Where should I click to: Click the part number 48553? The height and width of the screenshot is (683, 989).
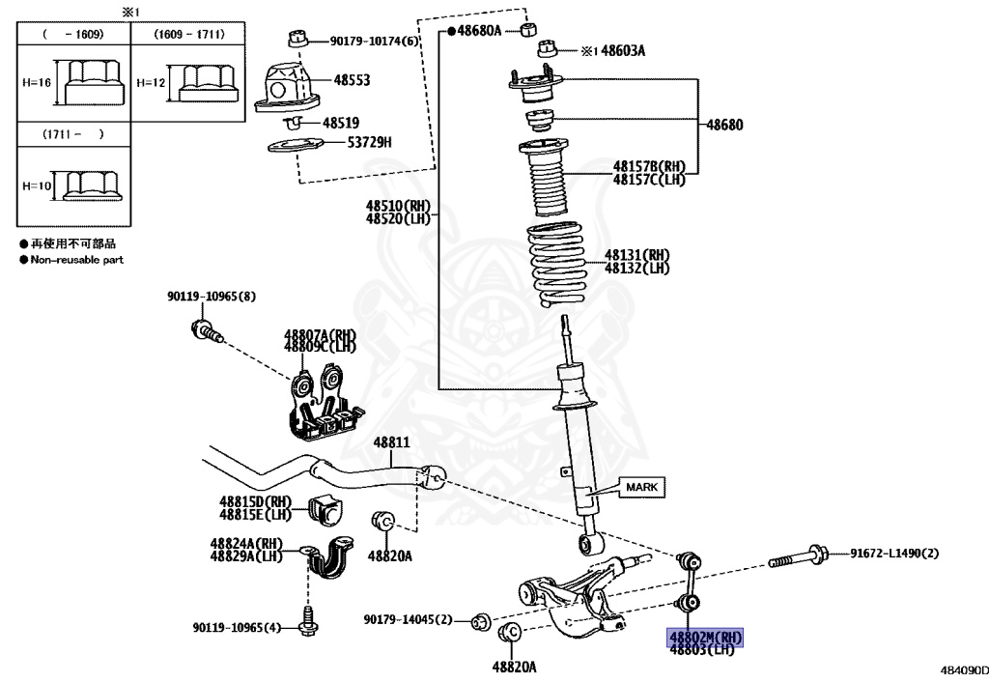click(352, 81)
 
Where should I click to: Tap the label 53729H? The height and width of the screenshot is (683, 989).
click(369, 143)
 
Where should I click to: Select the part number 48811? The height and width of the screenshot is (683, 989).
click(392, 443)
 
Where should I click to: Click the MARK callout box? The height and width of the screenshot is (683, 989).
click(641, 487)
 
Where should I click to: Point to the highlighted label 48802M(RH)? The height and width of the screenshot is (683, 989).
click(706, 637)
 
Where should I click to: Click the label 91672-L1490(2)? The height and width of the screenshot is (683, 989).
click(894, 554)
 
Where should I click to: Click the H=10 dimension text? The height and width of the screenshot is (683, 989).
click(37, 185)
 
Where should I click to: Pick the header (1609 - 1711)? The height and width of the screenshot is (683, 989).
click(189, 34)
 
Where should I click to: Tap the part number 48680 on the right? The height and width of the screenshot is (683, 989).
click(725, 125)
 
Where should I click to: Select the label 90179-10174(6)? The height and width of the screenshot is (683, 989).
click(375, 41)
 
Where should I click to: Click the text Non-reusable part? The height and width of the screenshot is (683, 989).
click(76, 260)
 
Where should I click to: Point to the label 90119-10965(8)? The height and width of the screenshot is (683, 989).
click(211, 296)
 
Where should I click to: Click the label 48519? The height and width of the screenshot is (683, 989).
click(341, 123)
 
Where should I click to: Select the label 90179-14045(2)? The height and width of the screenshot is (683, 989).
click(408, 618)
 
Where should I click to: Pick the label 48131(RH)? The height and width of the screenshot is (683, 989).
click(637, 255)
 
